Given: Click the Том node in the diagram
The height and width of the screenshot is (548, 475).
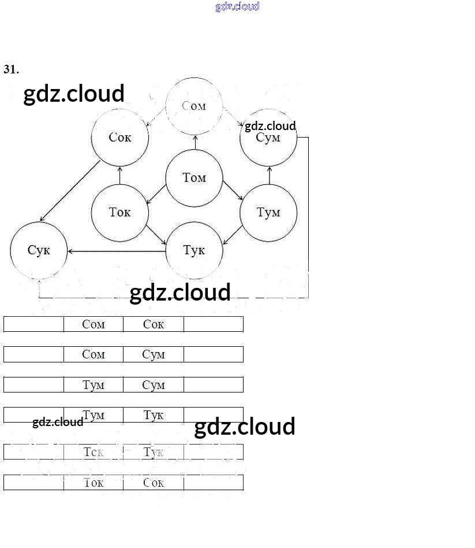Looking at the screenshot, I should click(194, 178).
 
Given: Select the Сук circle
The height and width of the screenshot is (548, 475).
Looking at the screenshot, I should click(39, 250).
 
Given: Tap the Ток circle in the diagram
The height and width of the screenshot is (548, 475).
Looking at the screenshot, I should click(119, 213).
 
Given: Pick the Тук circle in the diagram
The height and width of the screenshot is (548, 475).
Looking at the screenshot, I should click(194, 250).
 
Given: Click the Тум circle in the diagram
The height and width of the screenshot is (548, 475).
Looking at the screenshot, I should click(268, 213).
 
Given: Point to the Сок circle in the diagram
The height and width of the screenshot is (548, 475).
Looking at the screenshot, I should click(119, 138).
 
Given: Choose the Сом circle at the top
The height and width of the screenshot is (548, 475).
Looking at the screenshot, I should click(194, 106).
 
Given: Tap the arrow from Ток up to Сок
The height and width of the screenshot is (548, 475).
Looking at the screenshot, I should click(120, 175).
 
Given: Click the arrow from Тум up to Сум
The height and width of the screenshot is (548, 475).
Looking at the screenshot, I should click(270, 175).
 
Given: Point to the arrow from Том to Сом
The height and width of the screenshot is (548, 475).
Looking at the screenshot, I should click(195, 142).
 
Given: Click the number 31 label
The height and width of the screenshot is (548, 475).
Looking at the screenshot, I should click(11, 69).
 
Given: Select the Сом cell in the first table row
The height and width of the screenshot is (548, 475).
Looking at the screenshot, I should click(93, 324).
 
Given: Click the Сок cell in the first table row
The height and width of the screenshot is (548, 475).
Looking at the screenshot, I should click(154, 324).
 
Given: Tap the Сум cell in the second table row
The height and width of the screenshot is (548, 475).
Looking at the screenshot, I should click(154, 354).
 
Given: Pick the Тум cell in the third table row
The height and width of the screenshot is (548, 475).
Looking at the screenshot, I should click(93, 385).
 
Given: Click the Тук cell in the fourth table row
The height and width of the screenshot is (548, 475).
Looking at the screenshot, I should click(154, 415).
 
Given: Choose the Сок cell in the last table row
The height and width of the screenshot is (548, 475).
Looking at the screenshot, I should click(154, 483).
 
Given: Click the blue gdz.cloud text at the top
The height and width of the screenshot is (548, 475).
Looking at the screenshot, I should click(237, 6).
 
